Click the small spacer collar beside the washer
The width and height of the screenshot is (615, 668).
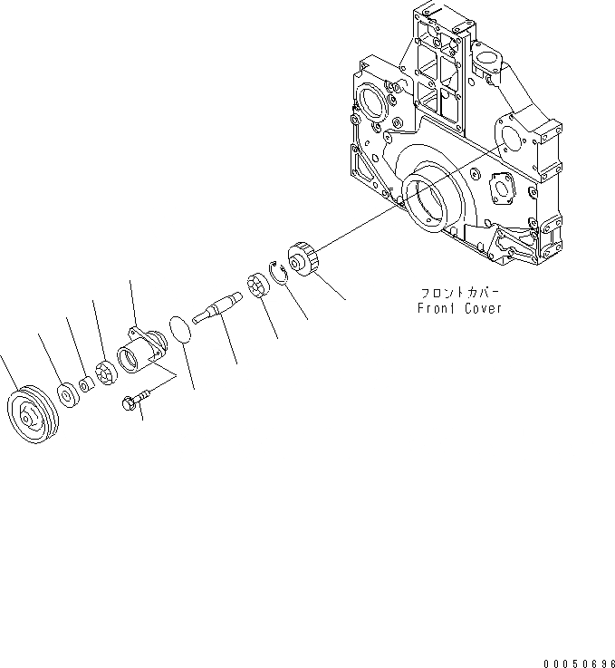(x=85, y=386)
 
